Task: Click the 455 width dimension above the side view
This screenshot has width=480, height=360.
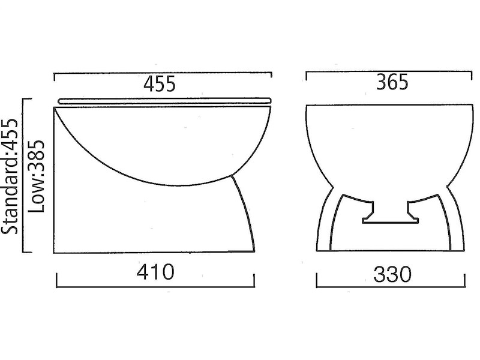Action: coord(160,85)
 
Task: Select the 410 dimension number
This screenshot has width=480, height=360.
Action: coord(155,272)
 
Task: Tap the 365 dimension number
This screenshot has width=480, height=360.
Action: coord(392,82)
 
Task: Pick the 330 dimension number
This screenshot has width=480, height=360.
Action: coord(392,275)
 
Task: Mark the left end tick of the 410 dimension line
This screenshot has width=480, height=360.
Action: coord(56,281)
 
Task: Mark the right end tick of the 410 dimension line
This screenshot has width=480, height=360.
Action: coord(254,281)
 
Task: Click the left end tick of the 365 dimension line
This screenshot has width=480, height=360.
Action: coord(307,76)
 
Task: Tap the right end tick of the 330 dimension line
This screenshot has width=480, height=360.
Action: coord(465,281)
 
